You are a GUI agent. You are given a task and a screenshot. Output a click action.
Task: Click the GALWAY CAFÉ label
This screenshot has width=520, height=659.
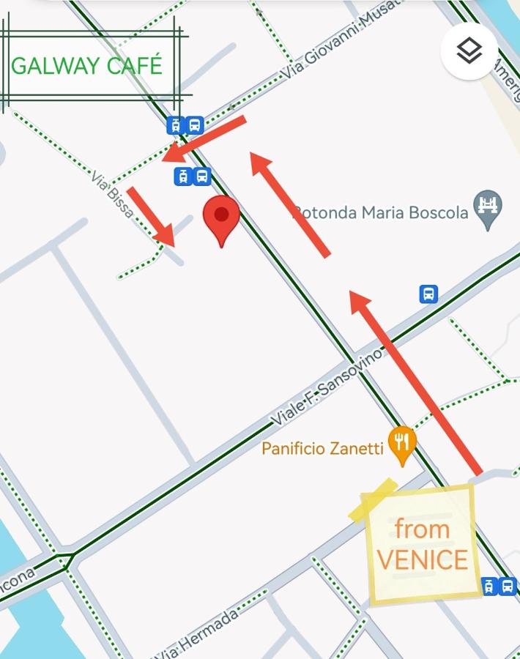(x=86, y=65)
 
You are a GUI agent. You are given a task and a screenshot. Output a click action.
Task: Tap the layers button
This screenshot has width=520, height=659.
(x=469, y=51)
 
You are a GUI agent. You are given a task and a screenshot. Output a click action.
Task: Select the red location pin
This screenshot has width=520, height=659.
(x=221, y=219)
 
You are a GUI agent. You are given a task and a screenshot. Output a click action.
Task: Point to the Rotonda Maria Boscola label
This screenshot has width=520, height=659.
(x=381, y=213)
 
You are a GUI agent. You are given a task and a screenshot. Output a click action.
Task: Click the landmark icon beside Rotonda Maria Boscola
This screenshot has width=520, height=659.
(x=488, y=202)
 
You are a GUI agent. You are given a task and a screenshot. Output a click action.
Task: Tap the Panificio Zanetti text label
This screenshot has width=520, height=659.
(x=322, y=448)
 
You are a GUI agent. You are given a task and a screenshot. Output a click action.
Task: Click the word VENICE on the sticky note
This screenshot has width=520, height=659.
(x=422, y=560)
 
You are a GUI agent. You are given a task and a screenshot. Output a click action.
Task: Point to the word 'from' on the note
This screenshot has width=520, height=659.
(x=422, y=529)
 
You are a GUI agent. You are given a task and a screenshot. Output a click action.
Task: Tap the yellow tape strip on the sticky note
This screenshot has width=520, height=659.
(x=373, y=500)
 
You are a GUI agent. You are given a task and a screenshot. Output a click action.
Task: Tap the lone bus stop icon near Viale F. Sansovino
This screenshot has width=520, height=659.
(x=429, y=294)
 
